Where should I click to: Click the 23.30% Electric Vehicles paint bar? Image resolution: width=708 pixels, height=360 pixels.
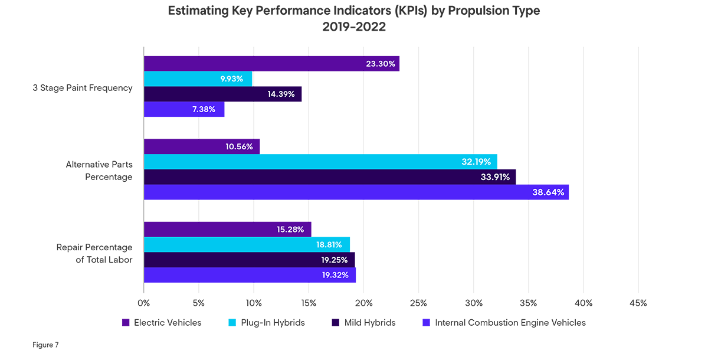271,64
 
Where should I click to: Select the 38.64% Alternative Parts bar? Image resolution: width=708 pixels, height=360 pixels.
356,192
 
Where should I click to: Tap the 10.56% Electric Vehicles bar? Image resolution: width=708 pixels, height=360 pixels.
201,146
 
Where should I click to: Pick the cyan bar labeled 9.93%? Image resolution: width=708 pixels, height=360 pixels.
198,79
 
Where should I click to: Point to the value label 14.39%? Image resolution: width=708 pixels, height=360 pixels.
281,94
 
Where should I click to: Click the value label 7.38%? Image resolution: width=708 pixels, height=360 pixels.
204,110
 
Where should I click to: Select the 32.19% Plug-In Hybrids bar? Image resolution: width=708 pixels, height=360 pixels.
320,162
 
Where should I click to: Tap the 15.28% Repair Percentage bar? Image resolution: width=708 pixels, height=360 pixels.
227,229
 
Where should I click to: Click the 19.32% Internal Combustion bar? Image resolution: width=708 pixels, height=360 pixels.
250,275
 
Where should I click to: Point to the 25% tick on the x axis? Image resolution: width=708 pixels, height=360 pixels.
418,303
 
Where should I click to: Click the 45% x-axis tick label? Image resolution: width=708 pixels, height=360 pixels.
638,303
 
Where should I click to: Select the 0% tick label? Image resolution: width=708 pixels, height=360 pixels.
144,303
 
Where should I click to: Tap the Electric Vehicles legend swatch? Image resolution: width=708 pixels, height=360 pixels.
126,323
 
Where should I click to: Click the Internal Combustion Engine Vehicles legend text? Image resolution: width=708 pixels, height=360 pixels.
510,323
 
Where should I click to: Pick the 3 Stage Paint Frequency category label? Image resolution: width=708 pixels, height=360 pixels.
83,88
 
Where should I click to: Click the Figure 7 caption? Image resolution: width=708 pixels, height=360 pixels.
45,345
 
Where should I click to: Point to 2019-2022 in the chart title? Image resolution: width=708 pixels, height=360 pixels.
354,27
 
